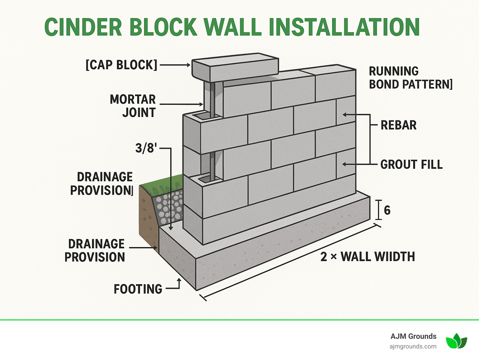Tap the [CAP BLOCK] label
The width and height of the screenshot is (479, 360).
[x=122, y=65]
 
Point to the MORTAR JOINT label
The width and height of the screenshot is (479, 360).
[x=133, y=106]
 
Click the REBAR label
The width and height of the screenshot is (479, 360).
[x=398, y=125]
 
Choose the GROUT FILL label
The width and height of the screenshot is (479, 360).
[x=411, y=164]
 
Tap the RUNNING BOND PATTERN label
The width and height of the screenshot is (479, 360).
[x=410, y=78]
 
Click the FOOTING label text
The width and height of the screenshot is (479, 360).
[x=138, y=289]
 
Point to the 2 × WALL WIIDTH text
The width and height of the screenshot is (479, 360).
[x=368, y=257]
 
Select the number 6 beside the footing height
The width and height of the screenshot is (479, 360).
[x=387, y=210]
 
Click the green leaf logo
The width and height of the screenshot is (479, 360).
[x=456, y=341]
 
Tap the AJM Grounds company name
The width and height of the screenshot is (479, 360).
[x=413, y=336]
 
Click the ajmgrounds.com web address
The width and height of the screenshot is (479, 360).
[x=413, y=346]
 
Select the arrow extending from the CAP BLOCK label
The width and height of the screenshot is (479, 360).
[x=175, y=65]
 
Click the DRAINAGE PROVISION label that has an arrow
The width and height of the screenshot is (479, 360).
[x=95, y=251]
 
